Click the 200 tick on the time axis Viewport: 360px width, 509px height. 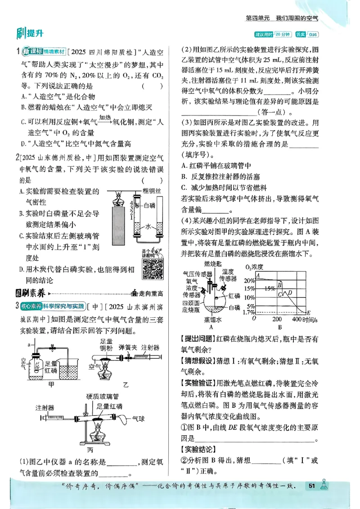tap(277, 319)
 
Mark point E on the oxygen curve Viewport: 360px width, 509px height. tap(308, 312)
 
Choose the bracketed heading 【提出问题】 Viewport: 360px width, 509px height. tap(198, 339)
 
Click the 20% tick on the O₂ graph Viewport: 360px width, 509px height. tap(249, 280)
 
